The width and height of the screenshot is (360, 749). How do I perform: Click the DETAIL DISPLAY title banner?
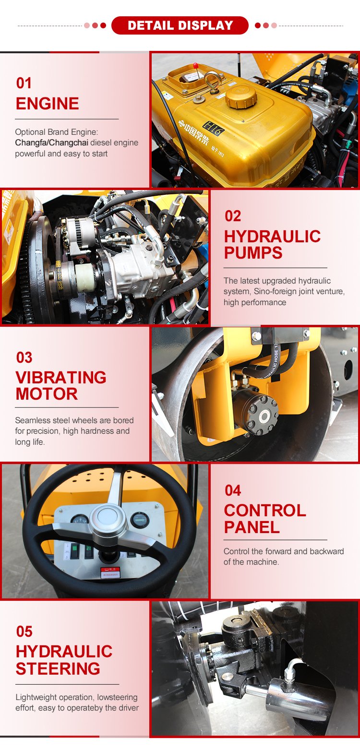(180, 25)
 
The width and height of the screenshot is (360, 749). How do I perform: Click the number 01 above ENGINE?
(24, 83)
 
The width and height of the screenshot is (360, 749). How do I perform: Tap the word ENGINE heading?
(47, 104)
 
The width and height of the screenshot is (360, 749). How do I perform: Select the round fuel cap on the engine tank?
(241, 96)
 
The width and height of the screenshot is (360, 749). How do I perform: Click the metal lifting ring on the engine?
(213, 81)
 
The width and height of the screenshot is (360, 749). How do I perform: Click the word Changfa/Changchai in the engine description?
(51, 143)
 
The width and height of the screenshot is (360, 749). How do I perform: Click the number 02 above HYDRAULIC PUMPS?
(233, 216)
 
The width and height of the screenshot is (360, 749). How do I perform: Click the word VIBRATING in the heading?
(61, 378)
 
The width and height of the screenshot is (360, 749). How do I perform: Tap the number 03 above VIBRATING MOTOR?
(24, 357)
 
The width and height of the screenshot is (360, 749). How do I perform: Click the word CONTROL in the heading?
(265, 511)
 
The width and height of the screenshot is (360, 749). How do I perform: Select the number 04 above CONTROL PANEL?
(233, 490)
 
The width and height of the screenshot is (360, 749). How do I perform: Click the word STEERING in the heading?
(58, 668)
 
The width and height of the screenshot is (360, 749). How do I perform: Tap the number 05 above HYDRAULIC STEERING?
(24, 631)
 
